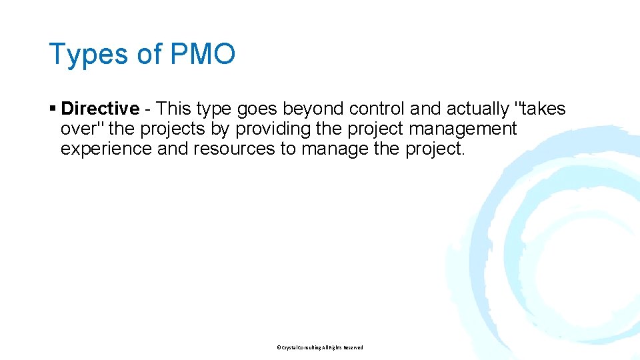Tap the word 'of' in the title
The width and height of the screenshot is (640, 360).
pos(149,54)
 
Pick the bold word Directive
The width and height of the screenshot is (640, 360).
pos(100,108)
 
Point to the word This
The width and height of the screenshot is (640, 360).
pos(175,108)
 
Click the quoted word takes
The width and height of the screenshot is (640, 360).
pos(541,108)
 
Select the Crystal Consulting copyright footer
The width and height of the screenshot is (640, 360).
pos(320,347)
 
